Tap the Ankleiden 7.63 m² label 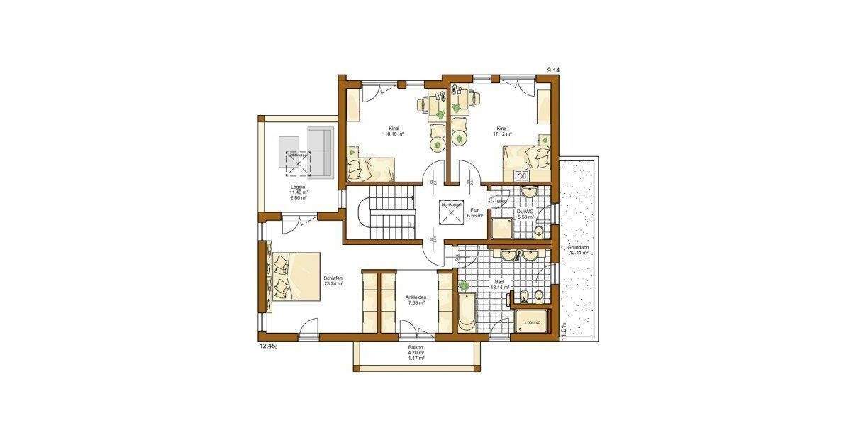(x=415, y=300)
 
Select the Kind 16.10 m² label (x=394, y=131)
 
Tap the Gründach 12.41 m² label (x=579, y=250)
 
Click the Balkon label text (x=416, y=348)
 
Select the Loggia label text (x=298, y=187)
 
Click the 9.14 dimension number (x=553, y=70)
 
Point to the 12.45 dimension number (x=267, y=347)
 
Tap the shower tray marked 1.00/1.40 (x=531, y=324)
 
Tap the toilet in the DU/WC (x=542, y=233)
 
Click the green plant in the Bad (x=465, y=285)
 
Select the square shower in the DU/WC (x=504, y=229)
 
